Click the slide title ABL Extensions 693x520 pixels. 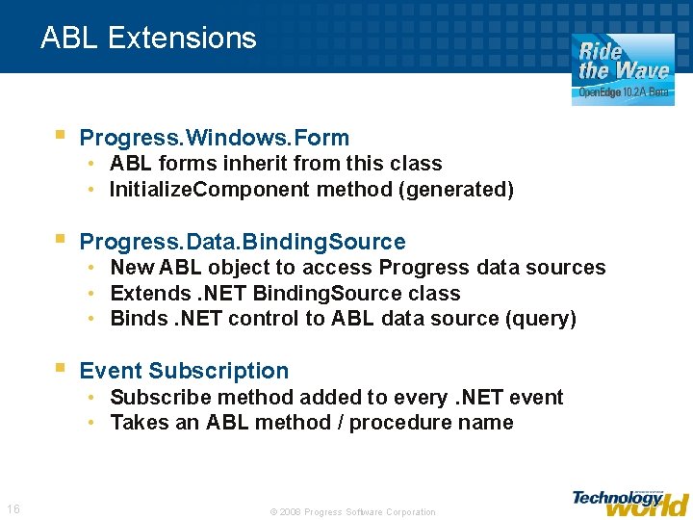pos(148,39)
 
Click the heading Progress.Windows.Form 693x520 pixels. pos(214,138)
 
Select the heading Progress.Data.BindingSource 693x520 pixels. pos(243,242)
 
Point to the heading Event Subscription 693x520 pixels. pos(184,371)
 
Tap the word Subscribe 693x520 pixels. pos(154,397)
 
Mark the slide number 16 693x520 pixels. pos(13,508)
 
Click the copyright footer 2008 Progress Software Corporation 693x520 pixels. pos(352,512)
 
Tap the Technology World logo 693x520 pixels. pos(629,502)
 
